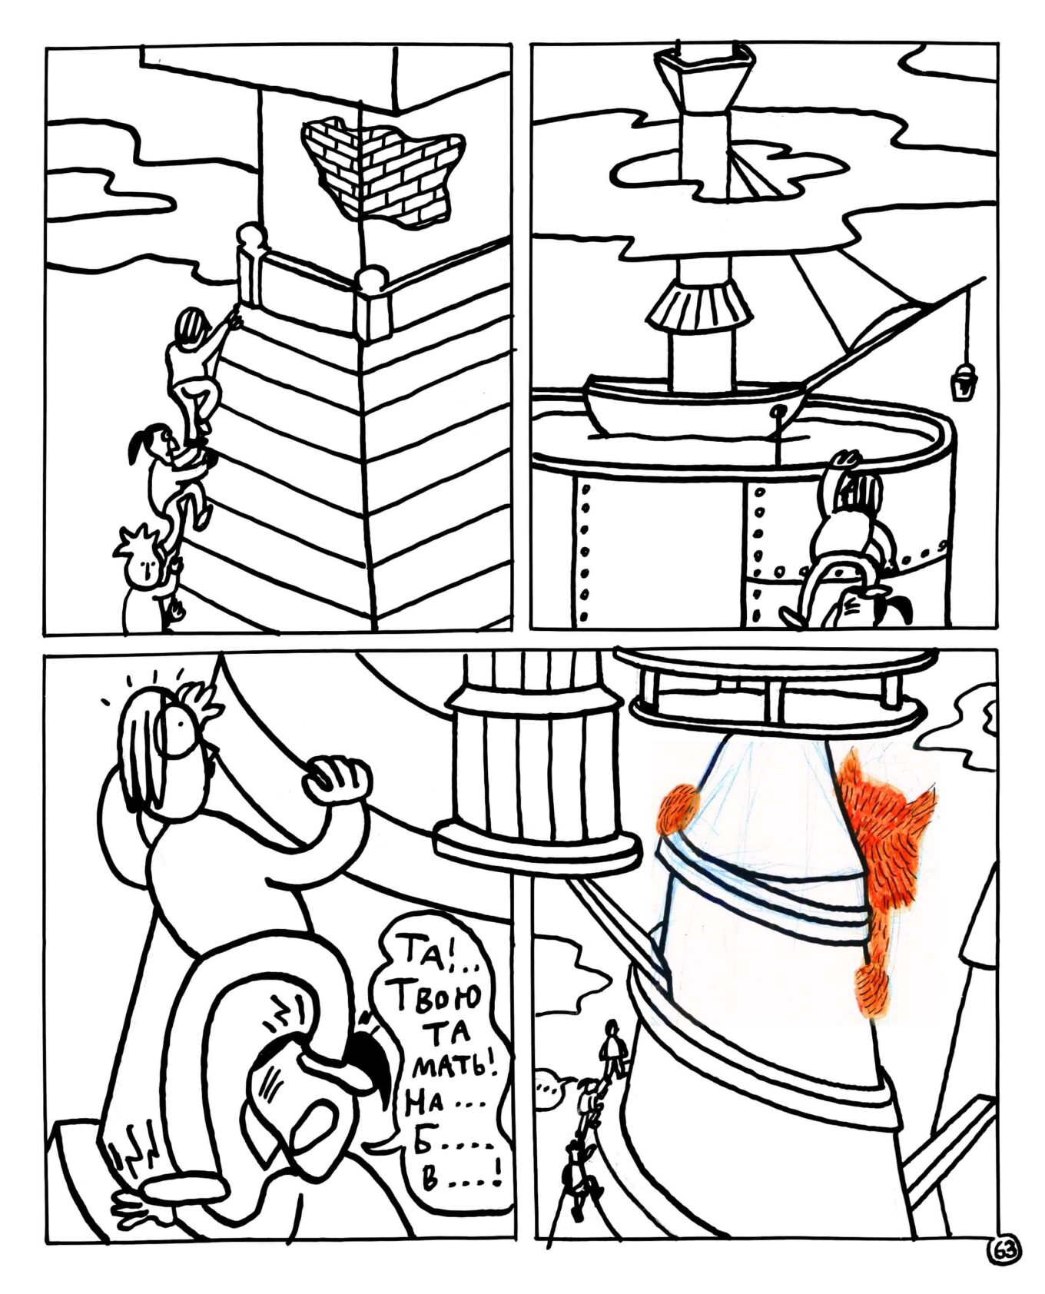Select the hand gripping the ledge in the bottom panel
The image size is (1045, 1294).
(x=336, y=780)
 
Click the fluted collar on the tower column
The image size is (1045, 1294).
(x=698, y=306)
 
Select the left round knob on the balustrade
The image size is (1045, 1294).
(x=251, y=234)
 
